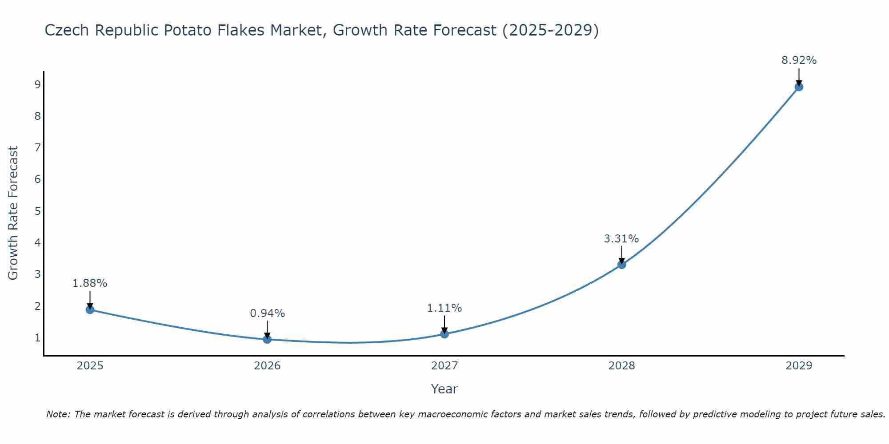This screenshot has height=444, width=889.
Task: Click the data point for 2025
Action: coord(90,309)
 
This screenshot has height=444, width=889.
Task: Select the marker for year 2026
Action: coord(267,339)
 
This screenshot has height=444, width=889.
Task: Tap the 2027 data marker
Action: coord(444,334)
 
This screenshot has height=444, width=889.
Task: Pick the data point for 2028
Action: coord(621,265)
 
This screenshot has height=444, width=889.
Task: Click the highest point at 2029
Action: coord(799,87)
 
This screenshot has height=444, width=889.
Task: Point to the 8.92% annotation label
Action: coord(799,60)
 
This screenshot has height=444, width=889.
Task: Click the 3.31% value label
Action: coord(621,239)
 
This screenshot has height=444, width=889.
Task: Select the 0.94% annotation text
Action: coord(267,313)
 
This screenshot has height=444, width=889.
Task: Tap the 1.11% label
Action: coord(444,308)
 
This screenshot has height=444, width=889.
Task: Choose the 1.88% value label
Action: coord(90,283)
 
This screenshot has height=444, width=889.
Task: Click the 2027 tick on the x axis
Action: coord(444,366)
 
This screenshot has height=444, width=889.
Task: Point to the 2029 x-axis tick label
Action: coord(799,366)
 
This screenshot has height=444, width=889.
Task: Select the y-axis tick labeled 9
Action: coord(37,85)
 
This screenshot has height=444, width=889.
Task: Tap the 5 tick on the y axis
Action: coord(37,211)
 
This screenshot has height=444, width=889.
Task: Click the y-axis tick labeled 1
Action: coord(37,338)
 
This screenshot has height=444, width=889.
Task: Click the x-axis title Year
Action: coord(444,389)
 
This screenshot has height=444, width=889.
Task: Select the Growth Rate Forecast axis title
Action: coord(13,213)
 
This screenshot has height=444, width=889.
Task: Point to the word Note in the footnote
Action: coord(58,414)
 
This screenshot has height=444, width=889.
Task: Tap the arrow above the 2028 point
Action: coord(621,255)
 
